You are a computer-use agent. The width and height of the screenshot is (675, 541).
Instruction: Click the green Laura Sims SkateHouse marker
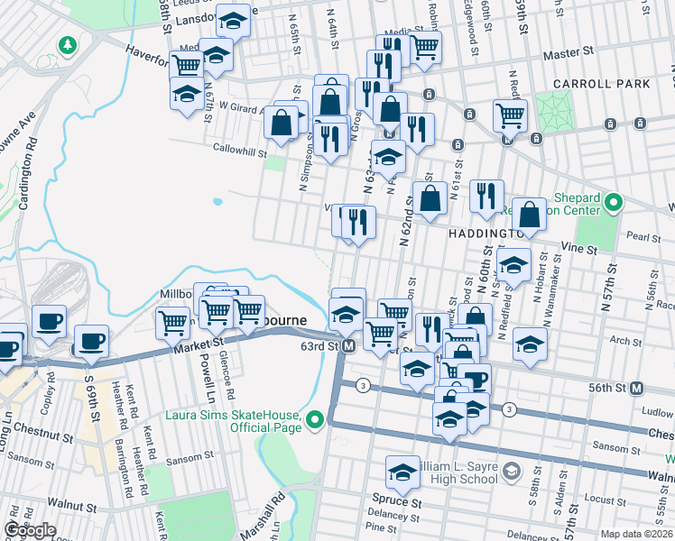coord(315,419)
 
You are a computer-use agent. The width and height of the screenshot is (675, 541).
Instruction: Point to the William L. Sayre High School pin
coord(512,471)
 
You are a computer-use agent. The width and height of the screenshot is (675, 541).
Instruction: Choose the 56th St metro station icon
coord(637,388)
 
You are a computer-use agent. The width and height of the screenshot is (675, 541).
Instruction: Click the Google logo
coord(29,530)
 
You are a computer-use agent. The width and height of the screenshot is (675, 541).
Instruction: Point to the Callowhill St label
coord(236,148)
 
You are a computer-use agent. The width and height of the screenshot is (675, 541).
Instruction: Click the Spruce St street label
coord(396,500)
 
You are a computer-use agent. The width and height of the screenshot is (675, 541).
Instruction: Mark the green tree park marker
coord(67,44)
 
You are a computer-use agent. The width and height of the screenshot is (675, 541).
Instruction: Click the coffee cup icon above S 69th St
coord(91,342)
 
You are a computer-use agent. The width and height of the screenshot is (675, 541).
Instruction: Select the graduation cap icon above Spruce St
coord(402,470)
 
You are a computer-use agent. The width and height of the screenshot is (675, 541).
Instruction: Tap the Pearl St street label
coord(643,237)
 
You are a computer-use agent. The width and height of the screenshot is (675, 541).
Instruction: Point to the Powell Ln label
coord(208,371)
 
